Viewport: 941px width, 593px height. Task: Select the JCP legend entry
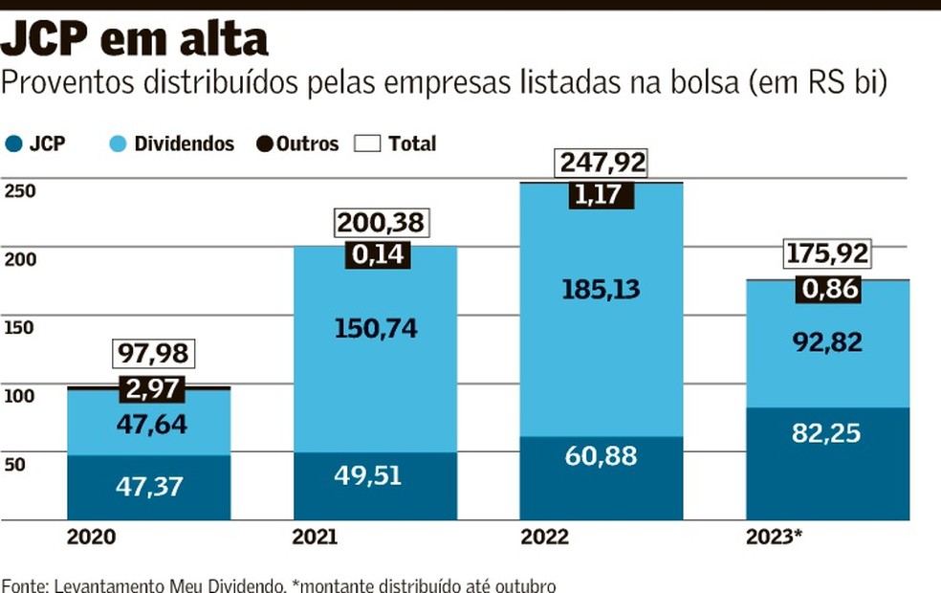click(35, 144)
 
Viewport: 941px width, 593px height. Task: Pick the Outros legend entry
click(297, 144)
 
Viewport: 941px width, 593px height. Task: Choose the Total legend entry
click(396, 144)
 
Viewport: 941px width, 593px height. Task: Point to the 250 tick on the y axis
click(20, 191)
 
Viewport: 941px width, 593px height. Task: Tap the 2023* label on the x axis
click(773, 537)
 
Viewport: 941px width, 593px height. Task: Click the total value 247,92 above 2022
click(602, 163)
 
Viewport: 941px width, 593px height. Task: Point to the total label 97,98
click(154, 354)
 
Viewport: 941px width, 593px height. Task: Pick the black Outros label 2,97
click(152, 389)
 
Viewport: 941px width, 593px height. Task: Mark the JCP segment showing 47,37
click(148, 487)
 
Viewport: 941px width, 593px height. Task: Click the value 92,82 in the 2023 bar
click(826, 342)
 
